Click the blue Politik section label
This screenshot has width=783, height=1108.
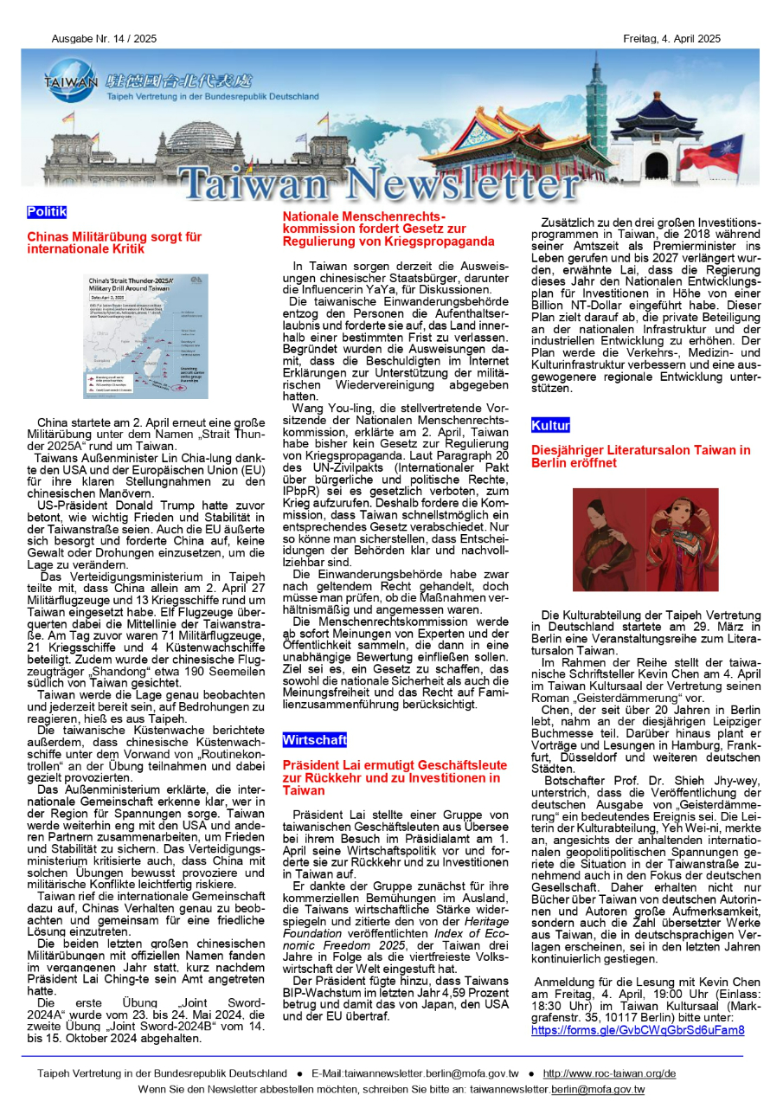(x=47, y=212)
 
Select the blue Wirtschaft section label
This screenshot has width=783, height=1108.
(x=314, y=740)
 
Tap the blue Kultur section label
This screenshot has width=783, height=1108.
(x=550, y=426)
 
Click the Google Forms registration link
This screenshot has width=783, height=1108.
(x=638, y=1030)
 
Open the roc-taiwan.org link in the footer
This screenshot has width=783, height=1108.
(x=609, y=1073)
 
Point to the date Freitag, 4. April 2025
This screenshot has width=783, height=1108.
(x=671, y=39)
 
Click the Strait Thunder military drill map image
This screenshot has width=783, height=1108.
(x=145, y=336)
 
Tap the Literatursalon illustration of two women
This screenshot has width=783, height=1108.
(x=645, y=539)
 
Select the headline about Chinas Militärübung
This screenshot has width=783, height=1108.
(x=114, y=242)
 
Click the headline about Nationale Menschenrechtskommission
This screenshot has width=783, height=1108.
(x=388, y=229)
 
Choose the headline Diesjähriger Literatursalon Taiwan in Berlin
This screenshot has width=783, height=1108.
(x=640, y=456)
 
